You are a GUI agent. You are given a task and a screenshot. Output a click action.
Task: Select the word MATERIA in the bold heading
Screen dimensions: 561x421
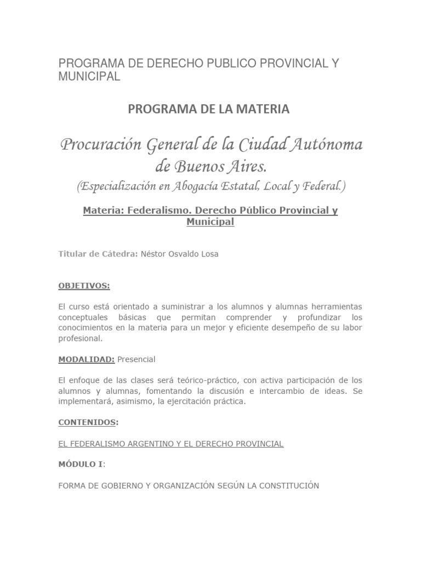point(260,110)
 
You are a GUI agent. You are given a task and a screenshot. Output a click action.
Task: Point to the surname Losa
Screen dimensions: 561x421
point(209,254)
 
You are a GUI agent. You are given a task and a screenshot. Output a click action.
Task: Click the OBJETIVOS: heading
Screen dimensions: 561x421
point(84,285)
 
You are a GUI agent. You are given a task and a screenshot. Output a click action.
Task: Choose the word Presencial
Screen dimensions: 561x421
point(136,359)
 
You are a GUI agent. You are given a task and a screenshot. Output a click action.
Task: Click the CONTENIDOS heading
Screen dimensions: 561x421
point(87,423)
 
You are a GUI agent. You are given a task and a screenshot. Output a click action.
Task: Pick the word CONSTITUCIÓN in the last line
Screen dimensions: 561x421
point(289,485)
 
